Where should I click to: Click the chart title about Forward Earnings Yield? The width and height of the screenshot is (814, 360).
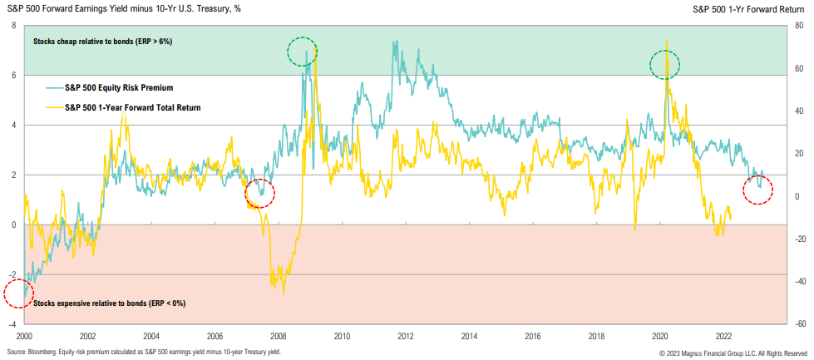pyautogui.click(x=129, y=9)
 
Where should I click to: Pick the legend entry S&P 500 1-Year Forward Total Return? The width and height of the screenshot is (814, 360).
pyautogui.click(x=132, y=107)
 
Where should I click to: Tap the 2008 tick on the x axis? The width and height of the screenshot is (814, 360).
pyautogui.click(x=278, y=336)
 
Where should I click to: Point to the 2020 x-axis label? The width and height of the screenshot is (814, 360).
pyautogui.click(x=659, y=336)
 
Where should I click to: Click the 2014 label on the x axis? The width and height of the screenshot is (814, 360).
pyautogui.click(x=469, y=336)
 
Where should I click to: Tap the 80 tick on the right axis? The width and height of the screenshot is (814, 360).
pyautogui.click(x=798, y=26)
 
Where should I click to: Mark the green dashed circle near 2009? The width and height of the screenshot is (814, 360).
pyautogui.click(x=303, y=52)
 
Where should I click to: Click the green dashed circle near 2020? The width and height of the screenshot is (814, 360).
pyautogui.click(x=665, y=64)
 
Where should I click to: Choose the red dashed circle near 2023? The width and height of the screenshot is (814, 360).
pyautogui.click(x=758, y=190)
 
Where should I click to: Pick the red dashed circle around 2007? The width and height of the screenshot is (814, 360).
pyautogui.click(x=260, y=194)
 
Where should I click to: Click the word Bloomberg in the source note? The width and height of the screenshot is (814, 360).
pyautogui.click(x=43, y=353)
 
